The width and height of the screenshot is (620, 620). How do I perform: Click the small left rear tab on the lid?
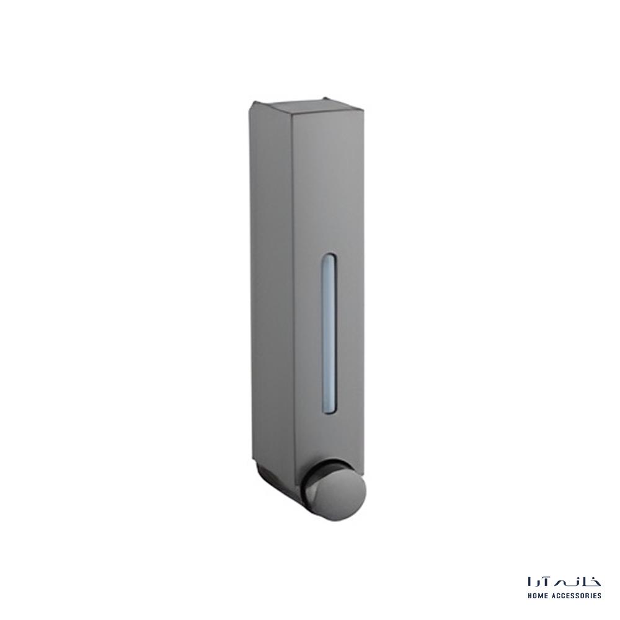[254, 104]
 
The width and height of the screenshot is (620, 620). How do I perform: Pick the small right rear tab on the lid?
[327, 97]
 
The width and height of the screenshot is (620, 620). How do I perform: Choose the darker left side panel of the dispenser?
[272, 285]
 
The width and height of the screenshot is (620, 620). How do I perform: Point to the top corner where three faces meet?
[292, 115]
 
